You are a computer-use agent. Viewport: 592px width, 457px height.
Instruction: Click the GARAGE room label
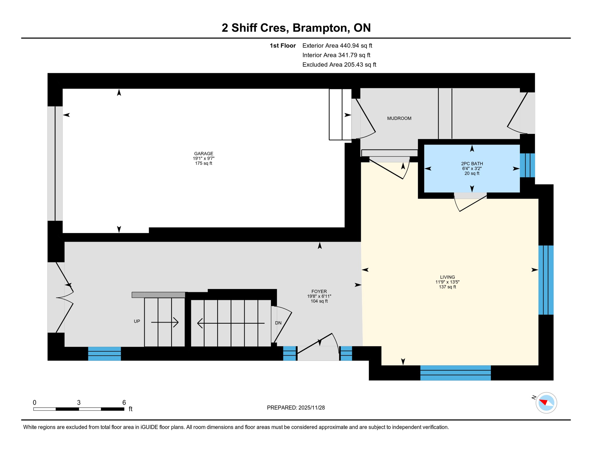[x=203, y=154]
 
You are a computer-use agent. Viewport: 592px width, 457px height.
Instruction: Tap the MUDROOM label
[x=399, y=118]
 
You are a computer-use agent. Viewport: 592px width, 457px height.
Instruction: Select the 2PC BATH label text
[x=472, y=164]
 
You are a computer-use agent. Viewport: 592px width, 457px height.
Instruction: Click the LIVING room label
[x=447, y=277]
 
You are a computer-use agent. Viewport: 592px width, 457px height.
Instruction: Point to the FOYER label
[x=319, y=292]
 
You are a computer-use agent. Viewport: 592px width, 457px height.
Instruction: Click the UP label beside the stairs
[x=137, y=321]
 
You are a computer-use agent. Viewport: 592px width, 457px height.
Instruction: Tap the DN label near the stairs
[x=278, y=323]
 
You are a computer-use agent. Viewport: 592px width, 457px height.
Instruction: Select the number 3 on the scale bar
[x=79, y=403]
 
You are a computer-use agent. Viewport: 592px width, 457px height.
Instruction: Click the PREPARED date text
[x=296, y=408]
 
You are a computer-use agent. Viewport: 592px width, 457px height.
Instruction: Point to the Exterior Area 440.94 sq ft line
[x=337, y=46]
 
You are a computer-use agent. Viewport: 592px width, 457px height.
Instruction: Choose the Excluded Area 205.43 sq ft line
[x=339, y=65]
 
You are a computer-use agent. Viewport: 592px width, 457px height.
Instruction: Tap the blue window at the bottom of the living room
[x=455, y=373]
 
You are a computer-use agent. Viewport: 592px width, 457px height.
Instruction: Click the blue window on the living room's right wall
[x=546, y=280]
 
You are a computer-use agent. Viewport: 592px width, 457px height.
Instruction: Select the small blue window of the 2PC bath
[x=527, y=165]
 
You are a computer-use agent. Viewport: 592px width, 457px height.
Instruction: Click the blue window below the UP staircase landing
[x=105, y=353]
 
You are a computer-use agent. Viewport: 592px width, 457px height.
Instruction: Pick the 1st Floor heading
[x=283, y=46]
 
